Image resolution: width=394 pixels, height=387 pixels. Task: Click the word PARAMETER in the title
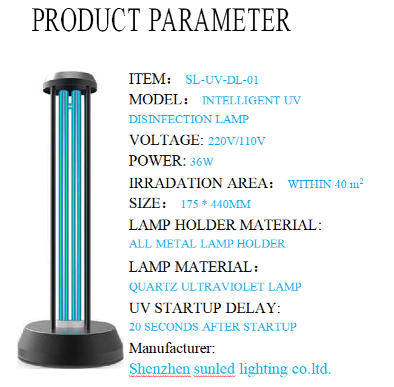pos(220,20)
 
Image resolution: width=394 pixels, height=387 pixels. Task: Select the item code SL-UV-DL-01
pos(222,79)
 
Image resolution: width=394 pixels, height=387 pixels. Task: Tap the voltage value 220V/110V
pos(236,141)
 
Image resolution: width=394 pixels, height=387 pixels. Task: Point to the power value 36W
pos(202,161)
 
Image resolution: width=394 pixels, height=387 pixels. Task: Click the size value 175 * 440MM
pos(216,204)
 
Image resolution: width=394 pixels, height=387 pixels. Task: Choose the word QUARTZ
pos(153,287)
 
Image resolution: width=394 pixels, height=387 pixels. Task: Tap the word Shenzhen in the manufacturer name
pos(159,369)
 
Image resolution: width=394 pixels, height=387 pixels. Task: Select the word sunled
pos(215,369)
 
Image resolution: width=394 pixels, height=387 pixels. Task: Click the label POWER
pos(156,161)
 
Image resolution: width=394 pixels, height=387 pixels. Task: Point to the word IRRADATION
pos(176,183)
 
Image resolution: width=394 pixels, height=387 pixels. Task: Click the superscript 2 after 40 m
pos(361,181)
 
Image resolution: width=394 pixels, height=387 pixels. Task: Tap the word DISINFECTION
pos(170,119)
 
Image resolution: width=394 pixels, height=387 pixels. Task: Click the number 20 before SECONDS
pos(135,327)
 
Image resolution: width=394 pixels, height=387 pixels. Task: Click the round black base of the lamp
pos(70,345)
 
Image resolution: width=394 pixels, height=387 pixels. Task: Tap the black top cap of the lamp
pos(70,82)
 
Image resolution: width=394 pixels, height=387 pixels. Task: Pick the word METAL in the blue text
pos(176,244)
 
